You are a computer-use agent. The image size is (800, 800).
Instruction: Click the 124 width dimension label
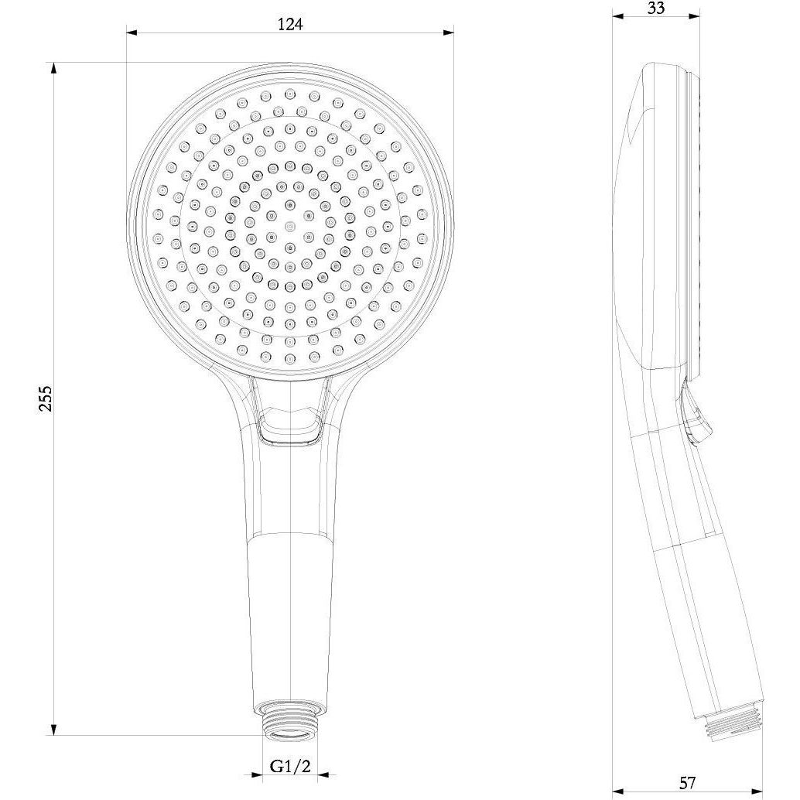[290, 23]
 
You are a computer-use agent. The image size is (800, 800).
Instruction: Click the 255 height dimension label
[46, 398]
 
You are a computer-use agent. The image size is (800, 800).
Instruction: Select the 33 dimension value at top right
[655, 8]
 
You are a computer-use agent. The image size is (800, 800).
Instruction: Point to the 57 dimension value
[687, 782]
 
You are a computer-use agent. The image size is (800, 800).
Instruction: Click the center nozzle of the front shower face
[290, 225]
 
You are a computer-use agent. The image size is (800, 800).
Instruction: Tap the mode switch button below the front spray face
[290, 428]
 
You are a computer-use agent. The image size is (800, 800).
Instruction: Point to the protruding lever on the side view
[694, 415]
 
